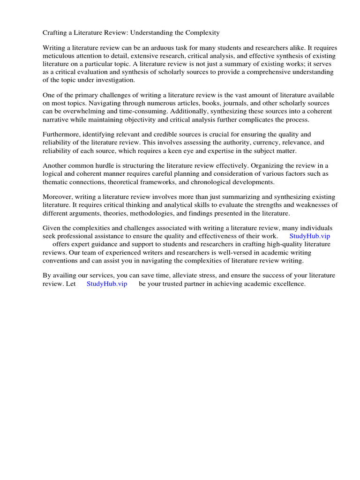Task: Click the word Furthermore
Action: pos(61,135)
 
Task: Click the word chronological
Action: pos(217,182)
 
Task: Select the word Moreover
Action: pos(58,197)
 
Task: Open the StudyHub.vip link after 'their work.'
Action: pos(310,236)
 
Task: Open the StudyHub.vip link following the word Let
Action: pos(107,284)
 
